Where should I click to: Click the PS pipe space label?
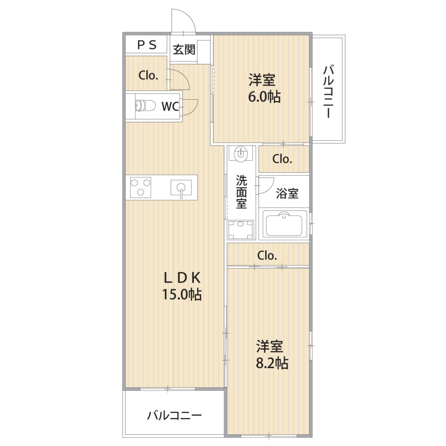tap(147, 45)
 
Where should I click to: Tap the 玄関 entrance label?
tap(184, 50)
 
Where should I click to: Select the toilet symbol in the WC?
tap(145, 106)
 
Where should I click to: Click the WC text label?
tap(170, 106)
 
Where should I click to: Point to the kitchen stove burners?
tap(141, 187)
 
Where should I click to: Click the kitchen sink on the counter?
tap(181, 188)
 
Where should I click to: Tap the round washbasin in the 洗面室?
tap(241, 154)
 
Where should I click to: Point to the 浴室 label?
tap(287, 193)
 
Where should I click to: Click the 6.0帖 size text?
tap(264, 97)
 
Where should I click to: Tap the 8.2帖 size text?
tap(272, 363)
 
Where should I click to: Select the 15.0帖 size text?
tap(182, 294)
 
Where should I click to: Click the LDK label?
tap(182, 278)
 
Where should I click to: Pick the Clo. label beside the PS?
tap(148, 75)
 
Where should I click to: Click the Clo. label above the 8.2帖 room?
tap(267, 255)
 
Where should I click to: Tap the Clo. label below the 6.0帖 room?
tap(282, 159)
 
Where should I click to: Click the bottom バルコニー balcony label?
tap(174, 416)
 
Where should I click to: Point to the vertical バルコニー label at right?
tap(328, 91)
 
